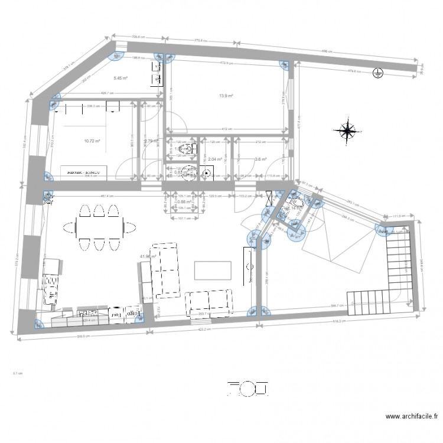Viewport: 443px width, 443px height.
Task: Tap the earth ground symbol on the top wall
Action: pyautogui.click(x=376, y=73)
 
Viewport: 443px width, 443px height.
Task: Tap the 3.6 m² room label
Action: pyautogui.click(x=260, y=158)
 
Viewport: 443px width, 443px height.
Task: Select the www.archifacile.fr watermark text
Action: pyautogui.click(x=407, y=417)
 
